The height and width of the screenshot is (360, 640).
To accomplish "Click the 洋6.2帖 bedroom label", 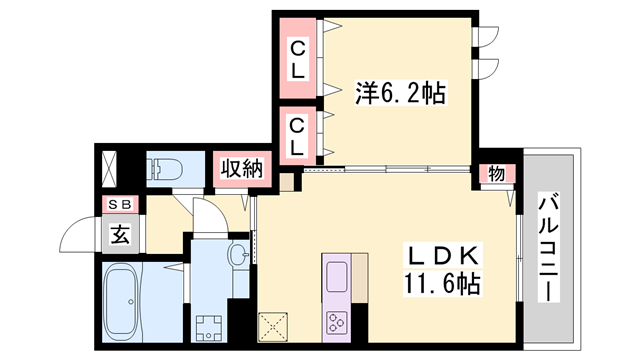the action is [400, 93].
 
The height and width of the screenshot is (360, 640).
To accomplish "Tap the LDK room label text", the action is [442, 256].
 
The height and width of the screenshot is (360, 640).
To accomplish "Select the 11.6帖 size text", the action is [442, 284].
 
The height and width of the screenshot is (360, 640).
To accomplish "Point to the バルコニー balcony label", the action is [548, 247].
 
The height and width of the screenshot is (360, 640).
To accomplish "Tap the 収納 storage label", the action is [242, 169].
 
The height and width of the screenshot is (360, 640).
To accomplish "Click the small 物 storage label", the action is [496, 175].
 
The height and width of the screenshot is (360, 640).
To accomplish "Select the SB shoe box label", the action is [120, 205].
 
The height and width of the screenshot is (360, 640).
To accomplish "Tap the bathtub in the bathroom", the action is [122, 302].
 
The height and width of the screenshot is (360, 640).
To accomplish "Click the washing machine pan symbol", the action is [209, 328].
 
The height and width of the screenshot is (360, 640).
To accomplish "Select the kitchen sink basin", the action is [336, 277].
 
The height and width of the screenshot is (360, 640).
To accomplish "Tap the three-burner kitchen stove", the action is [336, 322].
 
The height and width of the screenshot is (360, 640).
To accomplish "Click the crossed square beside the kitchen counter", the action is [273, 327].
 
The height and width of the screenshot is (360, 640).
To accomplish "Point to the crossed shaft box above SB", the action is [109, 169].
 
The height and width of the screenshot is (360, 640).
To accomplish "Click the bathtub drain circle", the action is [131, 302].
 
